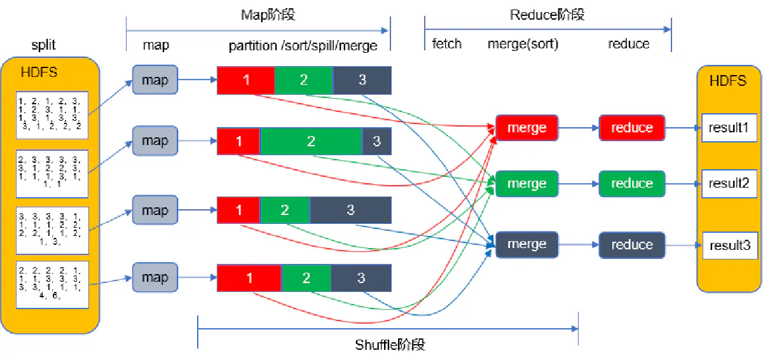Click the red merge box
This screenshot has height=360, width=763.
526,128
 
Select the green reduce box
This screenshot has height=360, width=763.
631,184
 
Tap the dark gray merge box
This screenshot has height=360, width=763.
526,244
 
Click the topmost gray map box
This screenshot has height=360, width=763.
155,80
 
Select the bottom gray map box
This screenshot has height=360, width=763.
155,278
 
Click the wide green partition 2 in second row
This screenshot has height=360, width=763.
311,141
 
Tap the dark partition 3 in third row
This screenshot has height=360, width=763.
350,210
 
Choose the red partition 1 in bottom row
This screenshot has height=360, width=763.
249,278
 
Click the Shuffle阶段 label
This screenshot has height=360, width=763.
389,345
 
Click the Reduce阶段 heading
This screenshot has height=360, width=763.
547,15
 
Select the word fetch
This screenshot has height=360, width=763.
446,44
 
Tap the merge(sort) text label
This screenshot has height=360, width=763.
523,44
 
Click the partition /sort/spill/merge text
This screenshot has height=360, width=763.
303,46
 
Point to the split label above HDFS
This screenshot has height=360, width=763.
44,46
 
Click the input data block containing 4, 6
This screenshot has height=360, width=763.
52,284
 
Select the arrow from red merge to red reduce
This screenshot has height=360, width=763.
578,128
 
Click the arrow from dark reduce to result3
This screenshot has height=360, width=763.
684,245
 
